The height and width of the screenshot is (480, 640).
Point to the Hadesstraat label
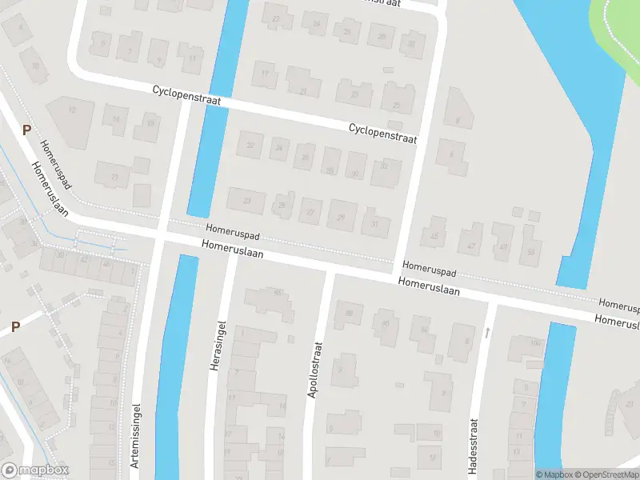point(473,448)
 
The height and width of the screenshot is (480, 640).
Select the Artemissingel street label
point(135,434)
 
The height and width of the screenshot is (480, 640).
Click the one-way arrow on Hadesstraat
point(488,331)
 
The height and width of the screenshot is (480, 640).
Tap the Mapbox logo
point(35,470)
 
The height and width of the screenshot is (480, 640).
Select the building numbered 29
point(342,216)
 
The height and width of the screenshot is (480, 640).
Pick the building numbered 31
point(375,222)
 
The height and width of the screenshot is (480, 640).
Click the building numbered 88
point(349,314)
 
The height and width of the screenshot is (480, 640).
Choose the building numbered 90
point(387,326)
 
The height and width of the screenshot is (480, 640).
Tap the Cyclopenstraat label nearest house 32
point(383,133)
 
